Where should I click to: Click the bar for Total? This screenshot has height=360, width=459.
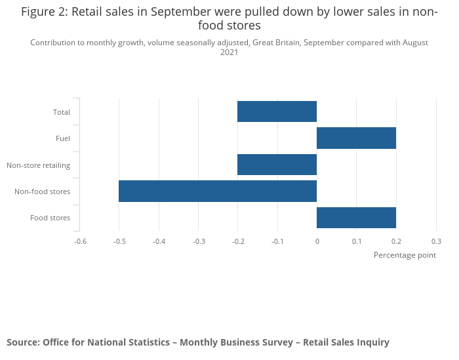coord(277,111)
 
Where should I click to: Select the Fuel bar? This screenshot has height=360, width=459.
coord(356,138)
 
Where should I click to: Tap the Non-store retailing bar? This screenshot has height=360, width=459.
coord(277,165)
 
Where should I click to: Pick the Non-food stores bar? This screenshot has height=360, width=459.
coord(218,191)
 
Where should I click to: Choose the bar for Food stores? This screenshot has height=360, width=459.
coord(356,218)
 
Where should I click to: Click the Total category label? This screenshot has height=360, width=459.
coord(62,112)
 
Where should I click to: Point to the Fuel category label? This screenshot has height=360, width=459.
coord(63,138)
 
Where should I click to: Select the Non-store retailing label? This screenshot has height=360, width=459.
coord(38,165)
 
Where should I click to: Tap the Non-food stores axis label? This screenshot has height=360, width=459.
coord(42,191)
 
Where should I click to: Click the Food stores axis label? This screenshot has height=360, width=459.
coord(50,218)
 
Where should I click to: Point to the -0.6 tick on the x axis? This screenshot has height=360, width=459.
coord(80,241)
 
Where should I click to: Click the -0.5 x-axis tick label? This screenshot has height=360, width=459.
coord(119,241)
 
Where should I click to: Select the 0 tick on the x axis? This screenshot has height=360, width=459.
coord(317,241)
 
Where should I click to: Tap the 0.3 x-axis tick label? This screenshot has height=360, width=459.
coord(435,241)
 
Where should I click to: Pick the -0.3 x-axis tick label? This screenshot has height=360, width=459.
coord(199,241)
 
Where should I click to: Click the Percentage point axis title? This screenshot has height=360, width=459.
coord(405,254)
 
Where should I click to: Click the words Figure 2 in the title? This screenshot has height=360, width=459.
coord(44,12)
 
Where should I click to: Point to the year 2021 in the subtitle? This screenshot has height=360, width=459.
coord(229,52)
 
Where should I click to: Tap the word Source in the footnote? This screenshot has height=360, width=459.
coord(22,342)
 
